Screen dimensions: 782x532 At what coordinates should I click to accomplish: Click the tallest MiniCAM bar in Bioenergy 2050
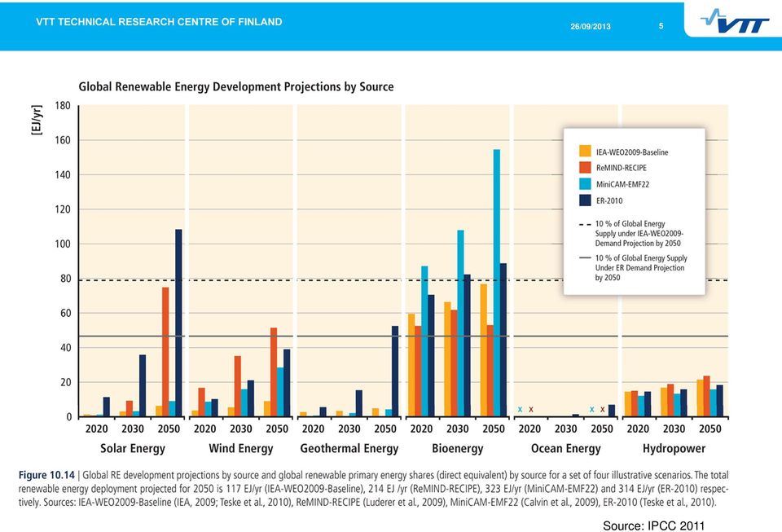click(x=497, y=283)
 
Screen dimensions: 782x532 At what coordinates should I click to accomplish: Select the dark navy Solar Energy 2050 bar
click(x=178, y=323)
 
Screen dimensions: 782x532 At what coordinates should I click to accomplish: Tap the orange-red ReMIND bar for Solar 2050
click(x=165, y=351)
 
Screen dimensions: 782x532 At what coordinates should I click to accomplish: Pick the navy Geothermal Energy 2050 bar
click(x=395, y=371)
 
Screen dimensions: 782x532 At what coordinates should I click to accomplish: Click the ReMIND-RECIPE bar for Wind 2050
click(x=274, y=372)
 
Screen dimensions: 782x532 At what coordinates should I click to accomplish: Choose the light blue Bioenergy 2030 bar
click(x=460, y=323)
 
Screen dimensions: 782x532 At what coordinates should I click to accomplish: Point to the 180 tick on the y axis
click(x=63, y=106)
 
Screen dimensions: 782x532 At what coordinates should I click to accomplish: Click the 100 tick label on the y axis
click(x=63, y=244)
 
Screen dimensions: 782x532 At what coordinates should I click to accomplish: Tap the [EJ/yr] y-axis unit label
click(x=37, y=120)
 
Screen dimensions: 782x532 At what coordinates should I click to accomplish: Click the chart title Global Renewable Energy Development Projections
click(x=236, y=86)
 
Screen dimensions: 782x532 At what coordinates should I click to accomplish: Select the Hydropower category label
click(x=674, y=449)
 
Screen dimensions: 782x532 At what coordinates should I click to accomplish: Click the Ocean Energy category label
click(x=565, y=449)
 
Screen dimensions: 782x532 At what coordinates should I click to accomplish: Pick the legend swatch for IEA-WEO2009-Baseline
click(x=585, y=151)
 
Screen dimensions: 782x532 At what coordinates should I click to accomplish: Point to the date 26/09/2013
click(x=591, y=26)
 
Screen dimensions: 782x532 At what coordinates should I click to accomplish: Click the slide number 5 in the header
click(x=661, y=26)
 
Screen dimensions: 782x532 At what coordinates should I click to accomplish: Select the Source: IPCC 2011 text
click(x=653, y=525)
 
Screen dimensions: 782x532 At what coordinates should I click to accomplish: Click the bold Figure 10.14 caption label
click(x=46, y=475)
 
